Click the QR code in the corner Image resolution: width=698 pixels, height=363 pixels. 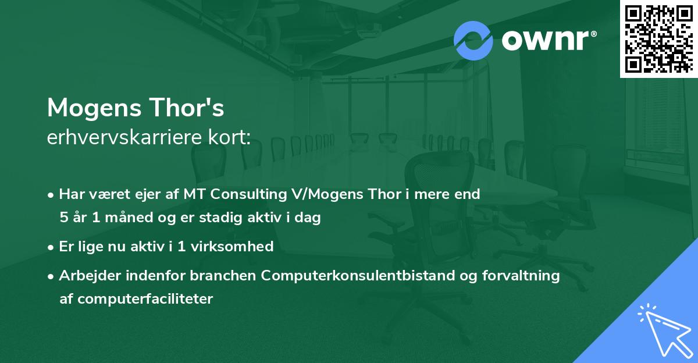tap(659, 38)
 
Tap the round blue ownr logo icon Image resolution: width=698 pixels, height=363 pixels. tap(473, 40)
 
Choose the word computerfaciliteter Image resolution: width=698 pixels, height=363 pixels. tap(136, 299)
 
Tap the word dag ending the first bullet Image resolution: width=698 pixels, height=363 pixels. tap(308, 218)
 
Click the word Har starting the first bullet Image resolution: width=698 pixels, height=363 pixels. tap(71, 194)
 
